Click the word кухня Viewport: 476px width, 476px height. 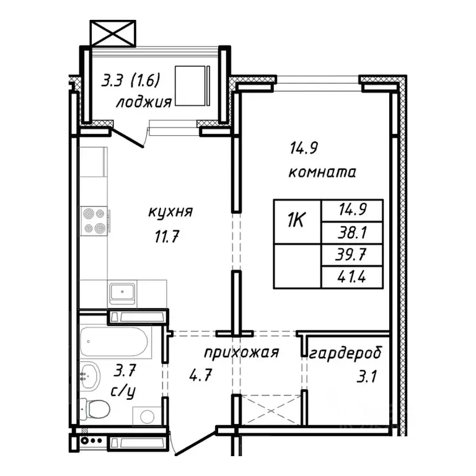(x=170, y=211)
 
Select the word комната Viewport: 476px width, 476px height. (x=322, y=172)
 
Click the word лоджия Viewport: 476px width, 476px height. (x=143, y=102)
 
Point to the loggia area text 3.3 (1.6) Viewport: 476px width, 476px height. (x=131, y=81)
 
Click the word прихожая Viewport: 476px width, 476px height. (x=242, y=353)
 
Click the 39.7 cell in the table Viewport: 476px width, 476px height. (x=351, y=255)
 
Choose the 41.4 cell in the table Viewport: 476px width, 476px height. (x=351, y=277)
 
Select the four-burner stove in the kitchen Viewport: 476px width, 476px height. (x=95, y=221)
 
